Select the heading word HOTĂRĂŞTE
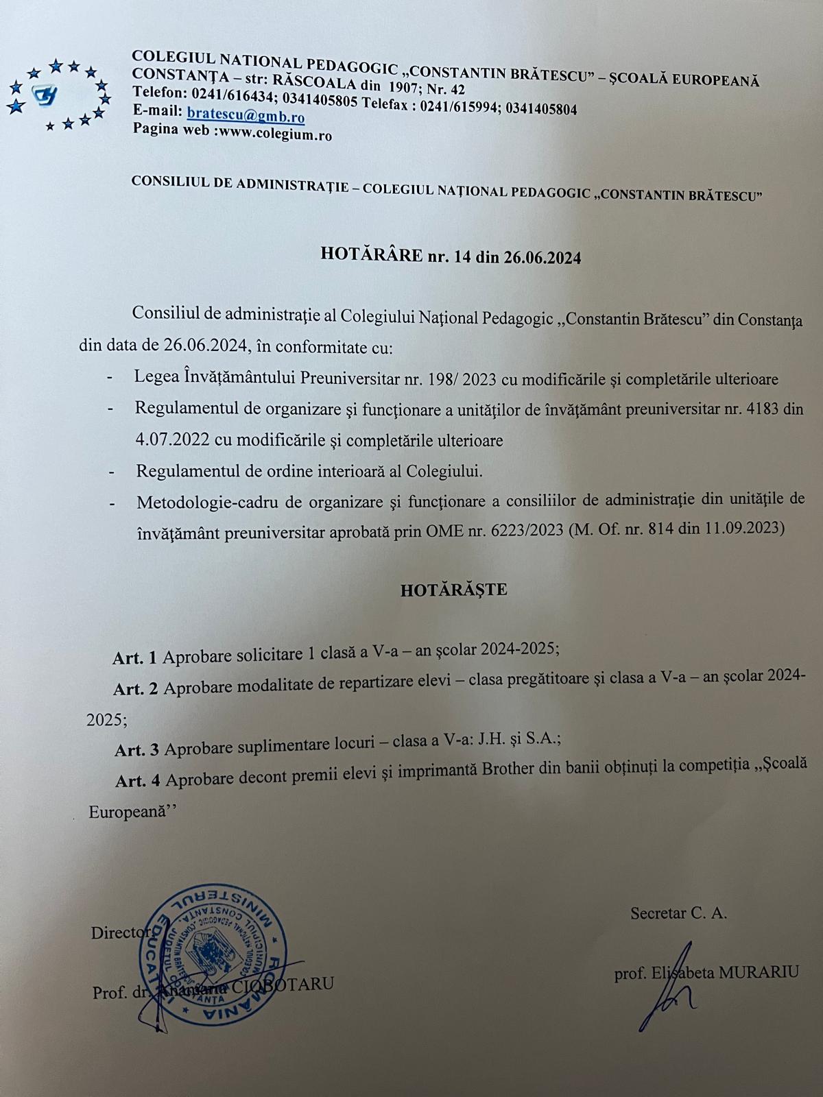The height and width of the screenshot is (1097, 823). click(x=454, y=590)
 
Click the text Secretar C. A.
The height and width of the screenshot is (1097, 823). click(x=679, y=913)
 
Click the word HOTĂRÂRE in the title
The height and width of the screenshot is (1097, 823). click(x=371, y=256)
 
